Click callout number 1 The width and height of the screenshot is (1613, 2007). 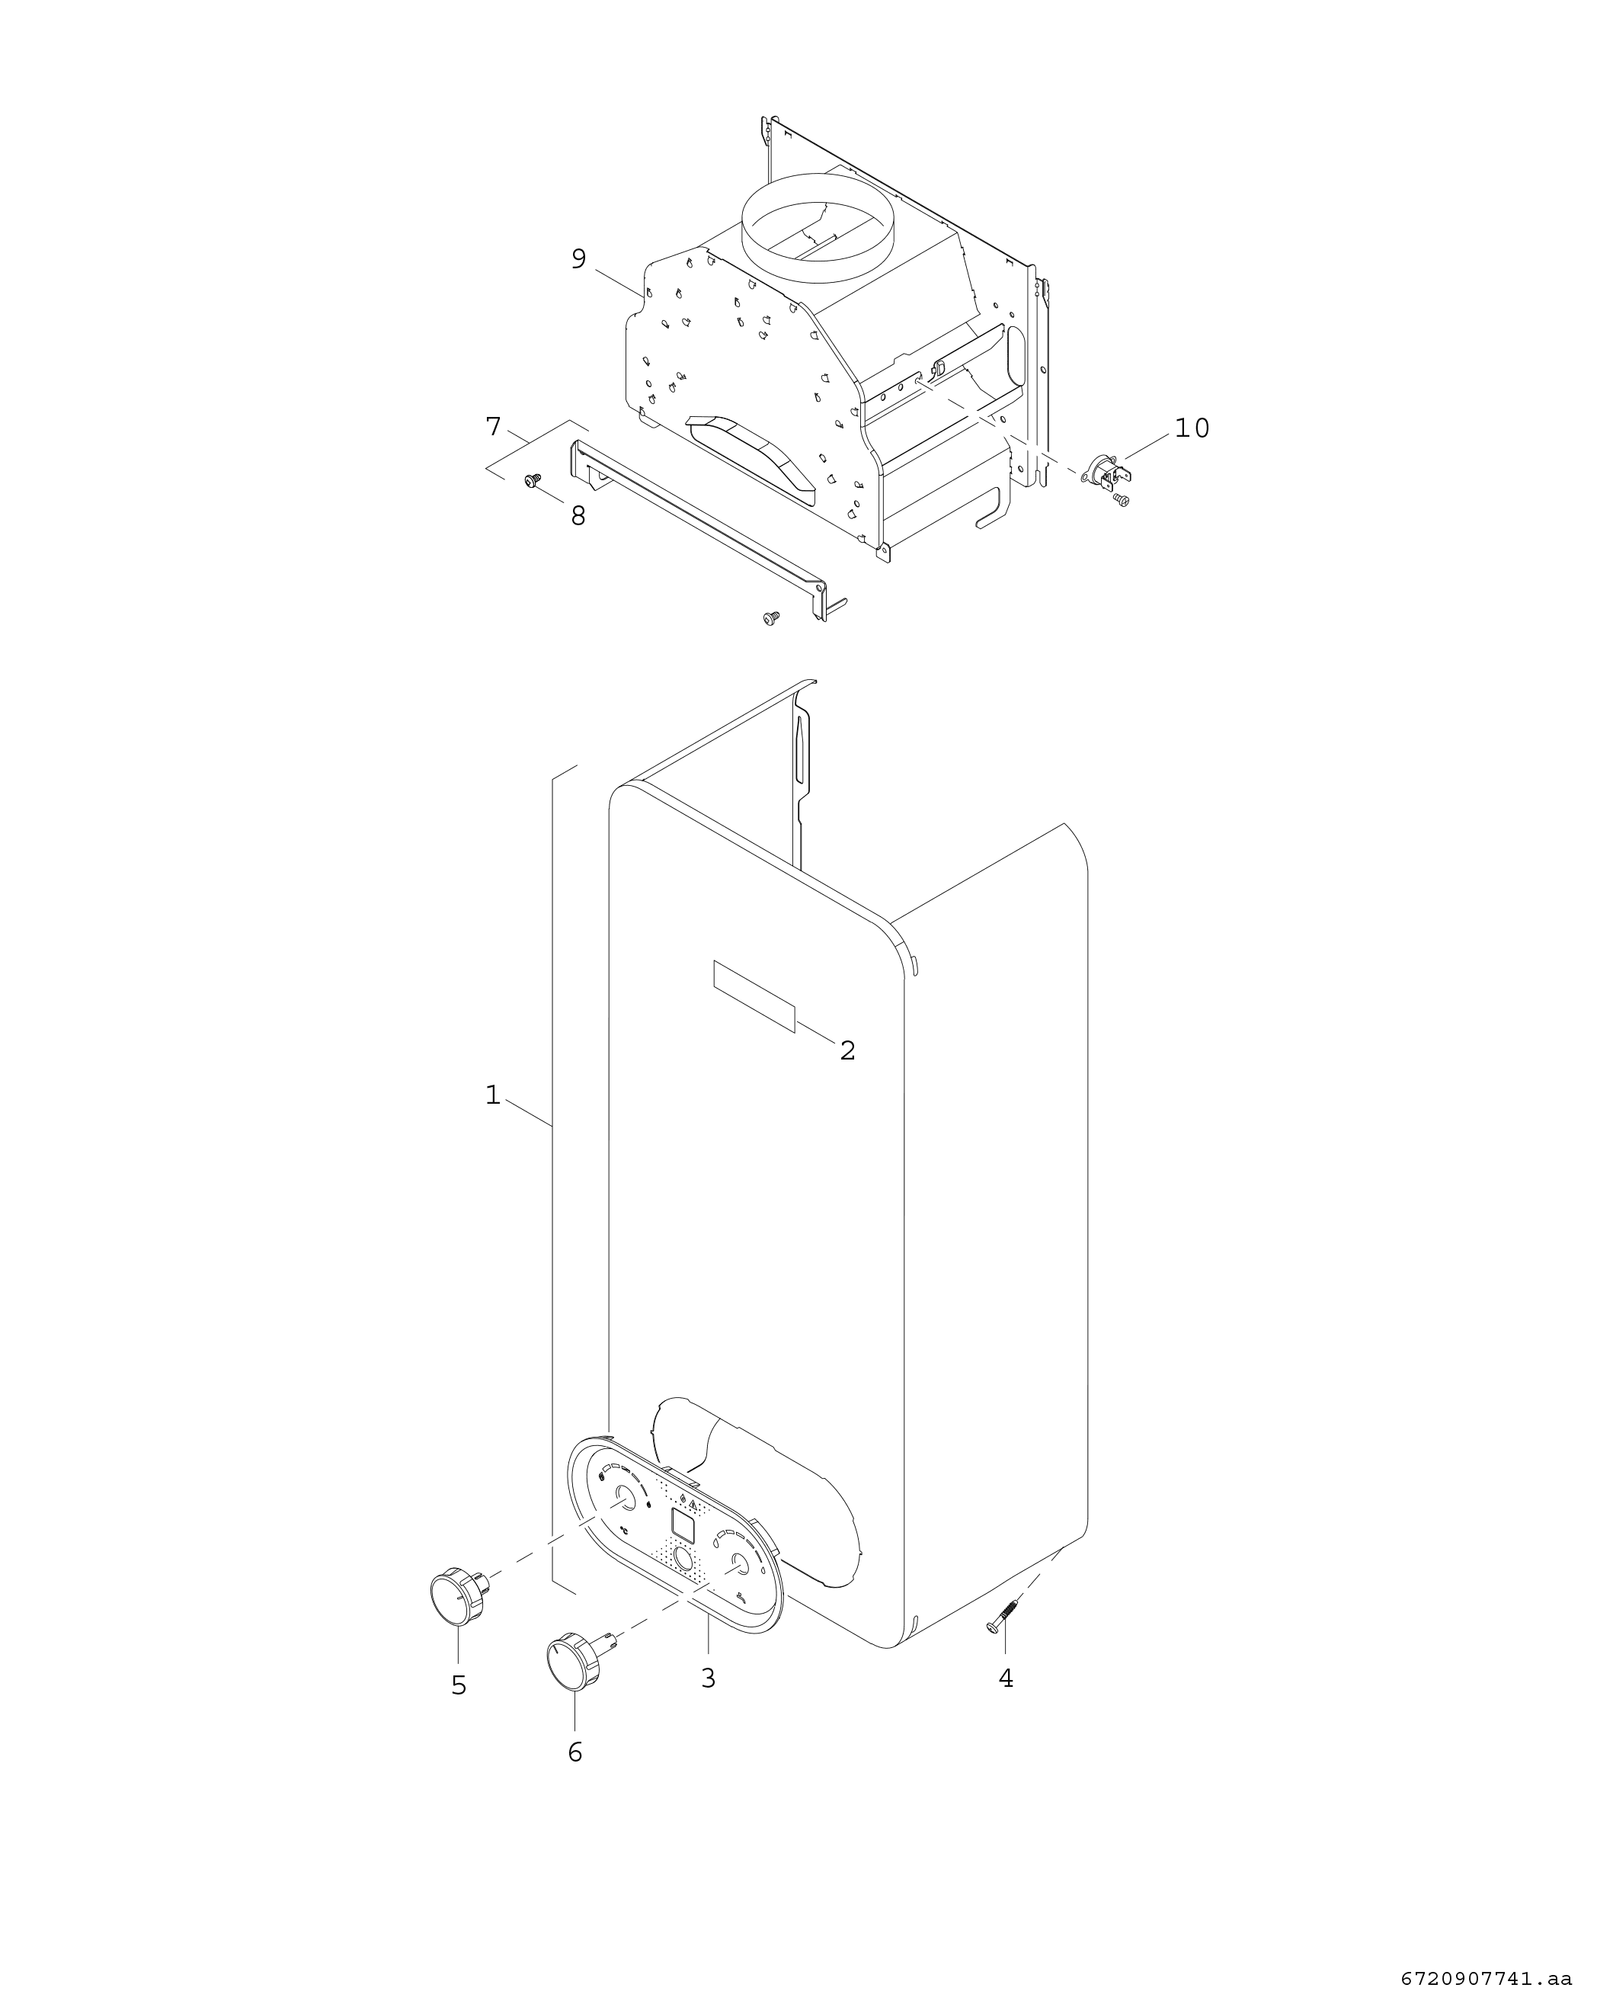tap(492, 1095)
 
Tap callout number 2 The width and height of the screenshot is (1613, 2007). tap(847, 1050)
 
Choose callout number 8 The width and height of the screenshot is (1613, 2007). tap(578, 516)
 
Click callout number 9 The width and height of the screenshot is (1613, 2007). tap(579, 259)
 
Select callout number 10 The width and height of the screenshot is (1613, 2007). tap(1192, 428)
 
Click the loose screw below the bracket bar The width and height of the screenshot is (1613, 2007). tap(770, 617)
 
